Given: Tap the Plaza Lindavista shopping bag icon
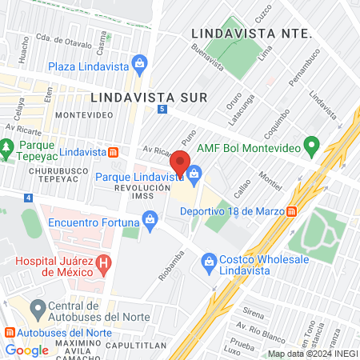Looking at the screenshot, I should point(140,62).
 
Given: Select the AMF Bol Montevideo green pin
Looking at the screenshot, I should point(313,147).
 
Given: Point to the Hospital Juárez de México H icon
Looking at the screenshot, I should point(102,262).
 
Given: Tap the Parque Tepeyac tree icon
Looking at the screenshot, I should point(7,147).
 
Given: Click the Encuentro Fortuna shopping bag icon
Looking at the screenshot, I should point(149,217).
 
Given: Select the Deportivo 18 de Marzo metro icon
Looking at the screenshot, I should point(293,211).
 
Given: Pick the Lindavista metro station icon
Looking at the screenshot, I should point(114,152).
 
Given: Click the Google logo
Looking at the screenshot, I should point(26,350).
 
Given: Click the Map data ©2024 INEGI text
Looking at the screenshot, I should point(311,354).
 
